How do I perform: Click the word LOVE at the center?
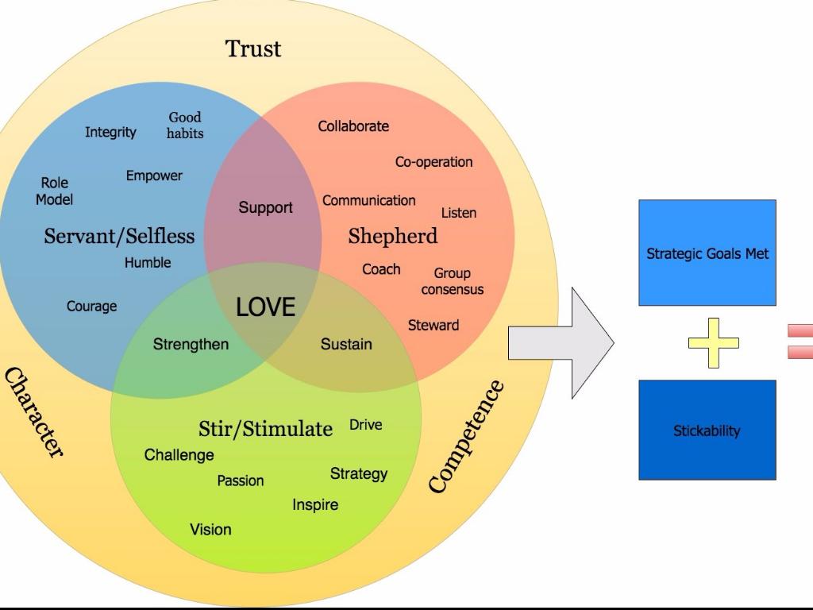point(265,307)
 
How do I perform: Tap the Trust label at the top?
point(253,48)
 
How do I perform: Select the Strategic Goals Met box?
point(707,253)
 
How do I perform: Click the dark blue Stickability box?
point(707,430)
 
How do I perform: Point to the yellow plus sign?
point(713,343)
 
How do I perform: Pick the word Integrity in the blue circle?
point(110,132)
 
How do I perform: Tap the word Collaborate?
point(353,125)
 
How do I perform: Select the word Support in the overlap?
point(265,207)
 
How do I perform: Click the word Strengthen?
point(191,344)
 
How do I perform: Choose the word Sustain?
point(346,344)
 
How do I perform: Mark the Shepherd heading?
point(392,236)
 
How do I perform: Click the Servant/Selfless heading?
point(119,236)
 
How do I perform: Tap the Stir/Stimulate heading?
point(265,429)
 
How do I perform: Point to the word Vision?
point(210,529)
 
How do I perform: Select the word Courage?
point(91,306)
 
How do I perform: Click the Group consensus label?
point(452,281)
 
